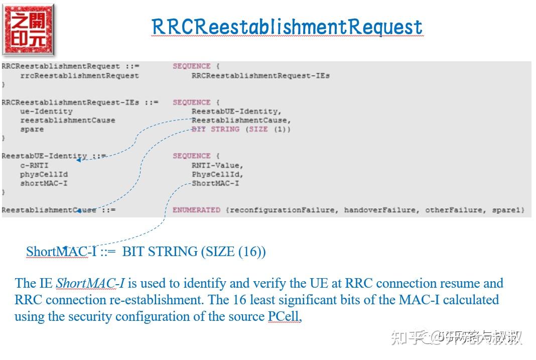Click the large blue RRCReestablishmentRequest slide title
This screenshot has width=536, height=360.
(287, 27)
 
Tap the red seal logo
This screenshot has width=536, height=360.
(28, 30)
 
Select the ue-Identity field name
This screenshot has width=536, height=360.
(46, 111)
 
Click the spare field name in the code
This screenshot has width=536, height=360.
(32, 130)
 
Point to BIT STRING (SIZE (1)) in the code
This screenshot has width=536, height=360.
(241, 130)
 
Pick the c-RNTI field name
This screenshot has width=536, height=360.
(34, 165)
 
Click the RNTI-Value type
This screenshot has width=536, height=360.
(217, 165)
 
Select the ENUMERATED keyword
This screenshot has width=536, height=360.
(196, 210)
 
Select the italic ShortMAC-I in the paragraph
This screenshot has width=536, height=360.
(90, 284)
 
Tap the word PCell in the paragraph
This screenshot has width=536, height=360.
(284, 317)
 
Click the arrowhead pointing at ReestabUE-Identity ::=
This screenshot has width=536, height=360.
(79, 160)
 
